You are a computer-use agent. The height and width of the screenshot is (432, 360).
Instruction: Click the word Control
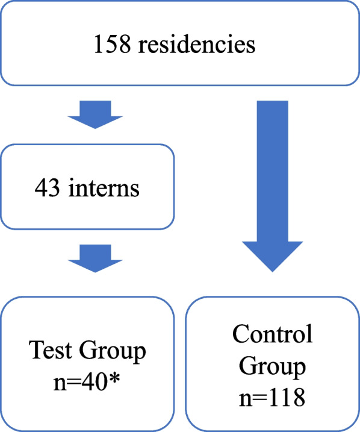coord(273,334)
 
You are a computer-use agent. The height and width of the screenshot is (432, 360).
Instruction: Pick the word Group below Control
coord(273,366)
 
